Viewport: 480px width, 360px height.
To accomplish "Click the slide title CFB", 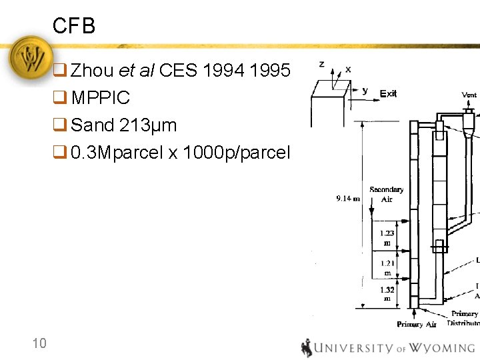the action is click(x=74, y=26).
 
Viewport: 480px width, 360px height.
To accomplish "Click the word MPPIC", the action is click(x=101, y=98).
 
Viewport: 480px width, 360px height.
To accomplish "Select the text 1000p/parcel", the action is click(x=237, y=153).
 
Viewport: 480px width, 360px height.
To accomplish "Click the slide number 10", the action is click(x=39, y=343).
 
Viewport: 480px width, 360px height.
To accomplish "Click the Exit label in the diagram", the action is click(x=388, y=93).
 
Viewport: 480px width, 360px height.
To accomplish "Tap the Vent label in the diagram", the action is click(x=469, y=95).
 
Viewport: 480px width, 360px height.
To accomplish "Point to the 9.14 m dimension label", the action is click(x=348, y=197).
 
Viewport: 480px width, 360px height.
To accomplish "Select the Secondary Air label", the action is click(x=387, y=194).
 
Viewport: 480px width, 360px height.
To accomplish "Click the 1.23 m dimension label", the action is click(x=387, y=237).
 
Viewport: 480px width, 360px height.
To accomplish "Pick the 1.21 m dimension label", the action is click(x=387, y=267).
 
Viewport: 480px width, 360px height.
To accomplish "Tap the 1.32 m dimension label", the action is click(x=387, y=294).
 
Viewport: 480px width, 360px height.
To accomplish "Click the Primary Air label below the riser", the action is click(x=417, y=324).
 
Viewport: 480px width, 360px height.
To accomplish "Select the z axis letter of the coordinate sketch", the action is click(x=322, y=64).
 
